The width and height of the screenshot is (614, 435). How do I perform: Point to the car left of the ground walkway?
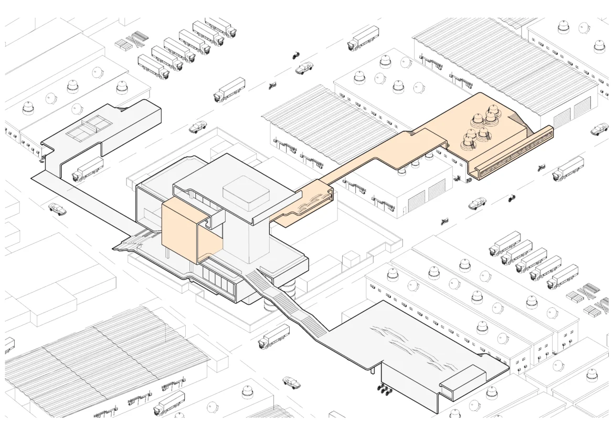pyautogui.click(x=58, y=209)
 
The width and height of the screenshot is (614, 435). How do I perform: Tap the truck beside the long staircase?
pyautogui.click(x=274, y=337)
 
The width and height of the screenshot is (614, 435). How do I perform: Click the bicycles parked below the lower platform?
pyautogui.click(x=385, y=389)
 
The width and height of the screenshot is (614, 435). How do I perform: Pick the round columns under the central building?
pyautogui.click(x=290, y=287)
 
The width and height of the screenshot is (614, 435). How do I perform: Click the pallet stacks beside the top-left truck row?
pyautogui.click(x=130, y=40)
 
